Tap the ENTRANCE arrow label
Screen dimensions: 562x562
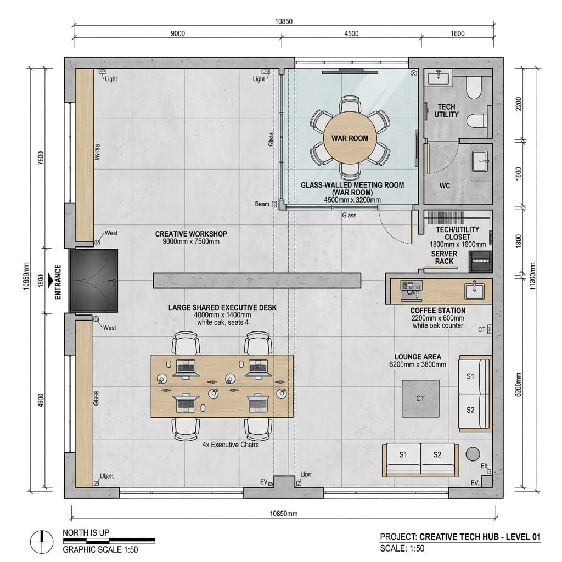tap(56, 282)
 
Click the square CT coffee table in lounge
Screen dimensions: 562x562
tap(420, 398)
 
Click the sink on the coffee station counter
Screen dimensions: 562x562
tap(473, 289)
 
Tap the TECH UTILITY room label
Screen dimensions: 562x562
tap(446, 110)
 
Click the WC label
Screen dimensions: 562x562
tap(445, 186)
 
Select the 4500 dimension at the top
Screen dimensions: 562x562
tap(351, 33)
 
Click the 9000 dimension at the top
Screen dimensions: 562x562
tap(177, 33)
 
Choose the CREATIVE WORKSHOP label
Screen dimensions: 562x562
tap(190, 234)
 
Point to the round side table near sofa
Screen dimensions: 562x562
tap(473, 454)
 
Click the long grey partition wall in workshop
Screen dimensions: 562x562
tap(257, 280)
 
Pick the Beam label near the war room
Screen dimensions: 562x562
tap(262, 204)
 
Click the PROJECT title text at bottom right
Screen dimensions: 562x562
tap(460, 537)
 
